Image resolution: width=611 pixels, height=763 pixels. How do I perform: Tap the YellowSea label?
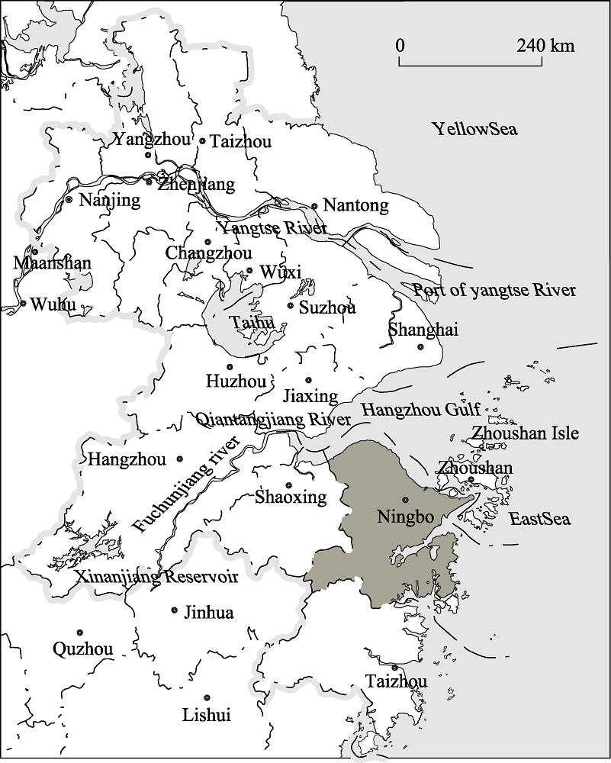click(x=474, y=129)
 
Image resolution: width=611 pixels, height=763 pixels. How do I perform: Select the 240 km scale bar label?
click(x=545, y=46)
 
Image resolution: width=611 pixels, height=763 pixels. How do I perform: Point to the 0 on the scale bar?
click(x=400, y=46)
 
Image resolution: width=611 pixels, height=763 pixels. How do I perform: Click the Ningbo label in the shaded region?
click(x=405, y=517)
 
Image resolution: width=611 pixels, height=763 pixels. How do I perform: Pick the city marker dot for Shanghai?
click(x=420, y=347)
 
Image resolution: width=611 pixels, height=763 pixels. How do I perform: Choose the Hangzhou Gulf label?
click(x=420, y=410)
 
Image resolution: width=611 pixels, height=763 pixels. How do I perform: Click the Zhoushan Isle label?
click(x=525, y=434)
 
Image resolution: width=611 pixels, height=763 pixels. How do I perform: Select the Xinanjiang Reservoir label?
click(x=156, y=577)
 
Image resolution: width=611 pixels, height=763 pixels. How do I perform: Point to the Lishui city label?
click(x=206, y=715)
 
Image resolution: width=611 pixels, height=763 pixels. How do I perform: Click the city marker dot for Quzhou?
click(x=80, y=633)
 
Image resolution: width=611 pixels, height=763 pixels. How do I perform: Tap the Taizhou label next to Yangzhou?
click(x=240, y=141)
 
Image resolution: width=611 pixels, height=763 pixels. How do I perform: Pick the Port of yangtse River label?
click(x=494, y=291)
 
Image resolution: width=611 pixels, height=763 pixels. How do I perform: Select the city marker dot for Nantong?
click(x=314, y=206)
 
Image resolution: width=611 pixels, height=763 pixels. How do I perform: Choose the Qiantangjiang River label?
click(x=273, y=420)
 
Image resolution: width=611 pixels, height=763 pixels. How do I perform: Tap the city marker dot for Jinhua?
click(x=175, y=610)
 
